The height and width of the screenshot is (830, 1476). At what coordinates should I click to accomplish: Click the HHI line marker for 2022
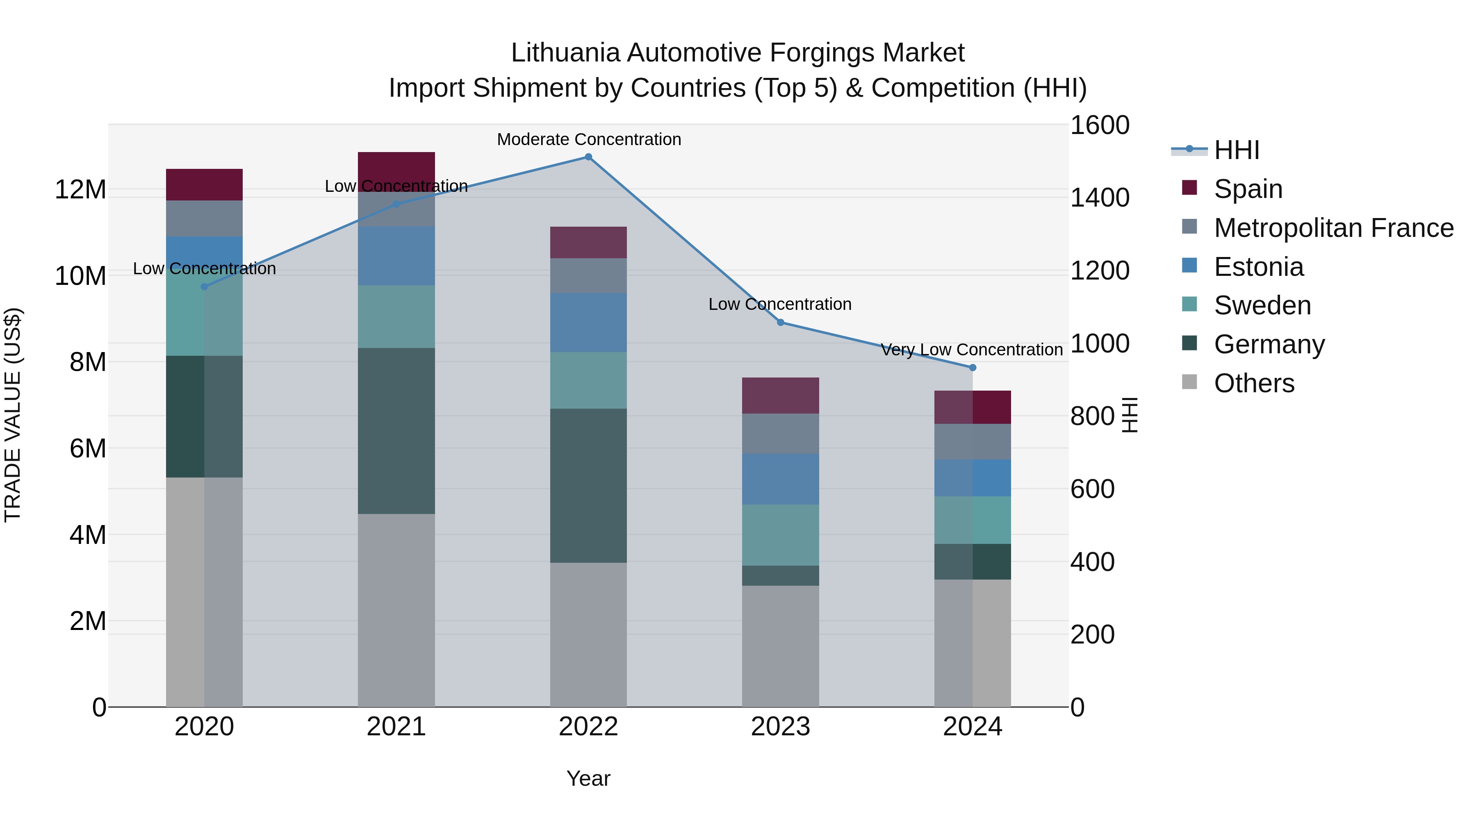click(588, 157)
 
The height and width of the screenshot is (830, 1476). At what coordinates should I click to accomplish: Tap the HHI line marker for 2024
click(973, 368)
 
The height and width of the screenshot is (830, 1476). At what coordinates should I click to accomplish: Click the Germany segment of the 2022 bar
click(588, 485)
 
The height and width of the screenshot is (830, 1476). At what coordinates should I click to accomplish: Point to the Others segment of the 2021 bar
click(396, 610)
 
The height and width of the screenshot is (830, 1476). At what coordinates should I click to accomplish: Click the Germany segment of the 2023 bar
click(780, 576)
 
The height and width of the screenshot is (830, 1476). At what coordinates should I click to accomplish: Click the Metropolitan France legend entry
click(1333, 228)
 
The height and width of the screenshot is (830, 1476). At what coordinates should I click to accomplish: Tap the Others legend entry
click(1254, 383)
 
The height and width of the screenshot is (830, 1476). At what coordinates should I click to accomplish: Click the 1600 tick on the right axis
click(1100, 125)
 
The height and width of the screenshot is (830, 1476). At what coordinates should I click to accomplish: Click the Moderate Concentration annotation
click(588, 139)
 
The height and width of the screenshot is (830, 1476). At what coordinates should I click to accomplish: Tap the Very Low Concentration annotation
click(971, 349)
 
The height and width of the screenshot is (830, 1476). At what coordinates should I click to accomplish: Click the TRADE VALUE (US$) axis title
click(13, 415)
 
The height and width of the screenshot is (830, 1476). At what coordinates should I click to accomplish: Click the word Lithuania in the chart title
click(565, 53)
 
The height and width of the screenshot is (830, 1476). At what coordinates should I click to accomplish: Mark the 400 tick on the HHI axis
click(1092, 562)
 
